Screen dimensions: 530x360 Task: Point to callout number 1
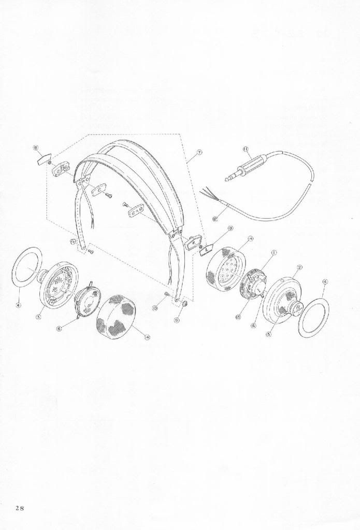pos(273,253)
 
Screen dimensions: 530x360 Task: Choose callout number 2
pos(299,268)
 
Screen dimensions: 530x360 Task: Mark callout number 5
pos(268,334)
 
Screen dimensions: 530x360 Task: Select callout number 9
pos(176,320)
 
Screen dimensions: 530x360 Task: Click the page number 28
pos(19,507)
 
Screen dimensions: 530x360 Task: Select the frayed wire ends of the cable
pos(206,195)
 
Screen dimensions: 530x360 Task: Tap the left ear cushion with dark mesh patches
pos(116,316)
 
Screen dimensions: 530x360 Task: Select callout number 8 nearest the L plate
pos(230,228)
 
